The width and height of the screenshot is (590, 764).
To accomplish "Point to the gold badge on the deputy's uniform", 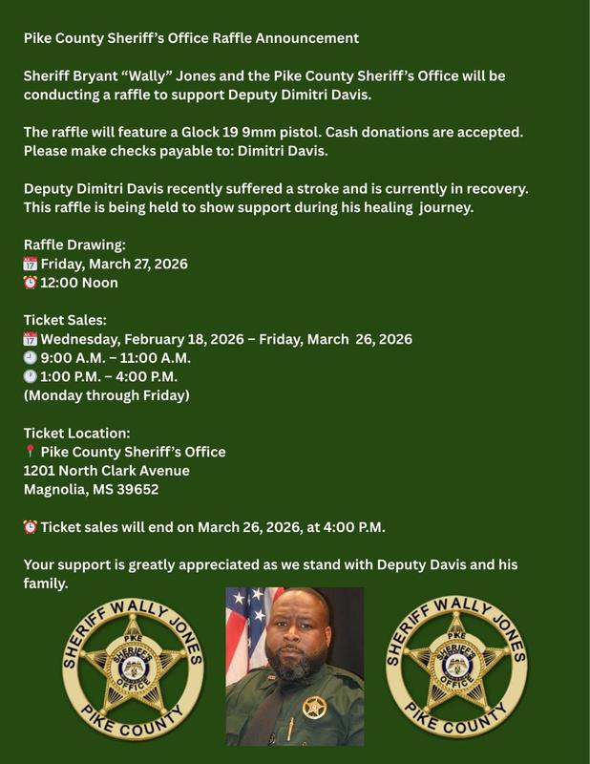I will coord(313,708).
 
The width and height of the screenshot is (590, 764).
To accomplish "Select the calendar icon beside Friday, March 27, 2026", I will coord(30,264).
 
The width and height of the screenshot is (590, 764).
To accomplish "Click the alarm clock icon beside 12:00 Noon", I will coord(30,283).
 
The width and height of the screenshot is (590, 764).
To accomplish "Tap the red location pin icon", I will coord(30,452).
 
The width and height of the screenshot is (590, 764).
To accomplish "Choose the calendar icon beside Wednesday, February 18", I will coord(30,339).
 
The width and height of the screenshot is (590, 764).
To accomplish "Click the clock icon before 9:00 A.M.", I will coord(30,358).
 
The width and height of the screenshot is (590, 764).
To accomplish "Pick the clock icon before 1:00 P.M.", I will coord(30,376).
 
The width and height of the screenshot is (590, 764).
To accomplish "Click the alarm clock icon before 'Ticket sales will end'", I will coord(30,527).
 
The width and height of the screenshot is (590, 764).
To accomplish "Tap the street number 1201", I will coord(41,471).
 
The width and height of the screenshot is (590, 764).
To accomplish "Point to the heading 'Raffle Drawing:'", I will coord(74,245).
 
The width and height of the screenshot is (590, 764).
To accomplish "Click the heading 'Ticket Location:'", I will coord(76,434).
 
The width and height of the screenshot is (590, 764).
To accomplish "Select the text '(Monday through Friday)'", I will coord(106,395).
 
